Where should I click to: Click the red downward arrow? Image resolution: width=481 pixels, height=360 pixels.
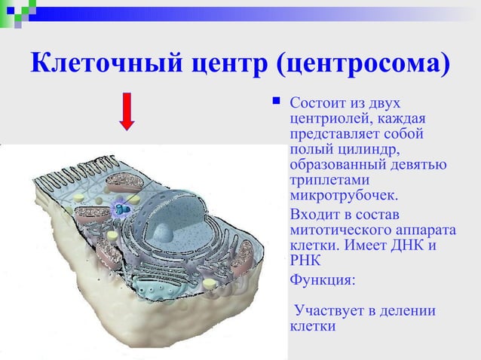tap(127, 111)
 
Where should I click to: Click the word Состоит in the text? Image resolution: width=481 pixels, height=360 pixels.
tap(315, 102)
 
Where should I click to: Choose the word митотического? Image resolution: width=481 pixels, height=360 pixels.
tap(335, 230)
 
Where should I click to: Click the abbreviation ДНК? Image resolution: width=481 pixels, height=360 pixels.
tap(414, 246)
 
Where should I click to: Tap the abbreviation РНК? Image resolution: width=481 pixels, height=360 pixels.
tap(305, 261)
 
